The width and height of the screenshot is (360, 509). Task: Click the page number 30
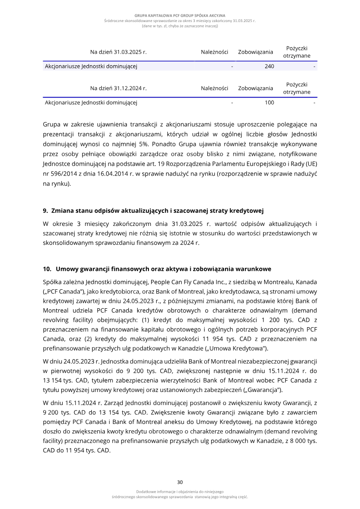coord(180,482)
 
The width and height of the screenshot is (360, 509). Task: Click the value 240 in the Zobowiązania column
coord(269,67)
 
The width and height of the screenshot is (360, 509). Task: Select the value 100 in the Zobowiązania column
coord(269,103)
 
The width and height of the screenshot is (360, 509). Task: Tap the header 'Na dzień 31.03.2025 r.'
coord(118,52)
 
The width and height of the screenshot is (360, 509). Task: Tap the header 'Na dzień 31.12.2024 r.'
coord(118,88)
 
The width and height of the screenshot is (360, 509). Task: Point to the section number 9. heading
coord(45,210)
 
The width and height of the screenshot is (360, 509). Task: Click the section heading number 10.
coord(47,269)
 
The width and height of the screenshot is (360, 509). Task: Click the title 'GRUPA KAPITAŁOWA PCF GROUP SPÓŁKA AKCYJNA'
coord(180,15)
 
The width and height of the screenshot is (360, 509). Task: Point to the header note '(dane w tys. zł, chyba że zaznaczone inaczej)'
coord(180,26)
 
